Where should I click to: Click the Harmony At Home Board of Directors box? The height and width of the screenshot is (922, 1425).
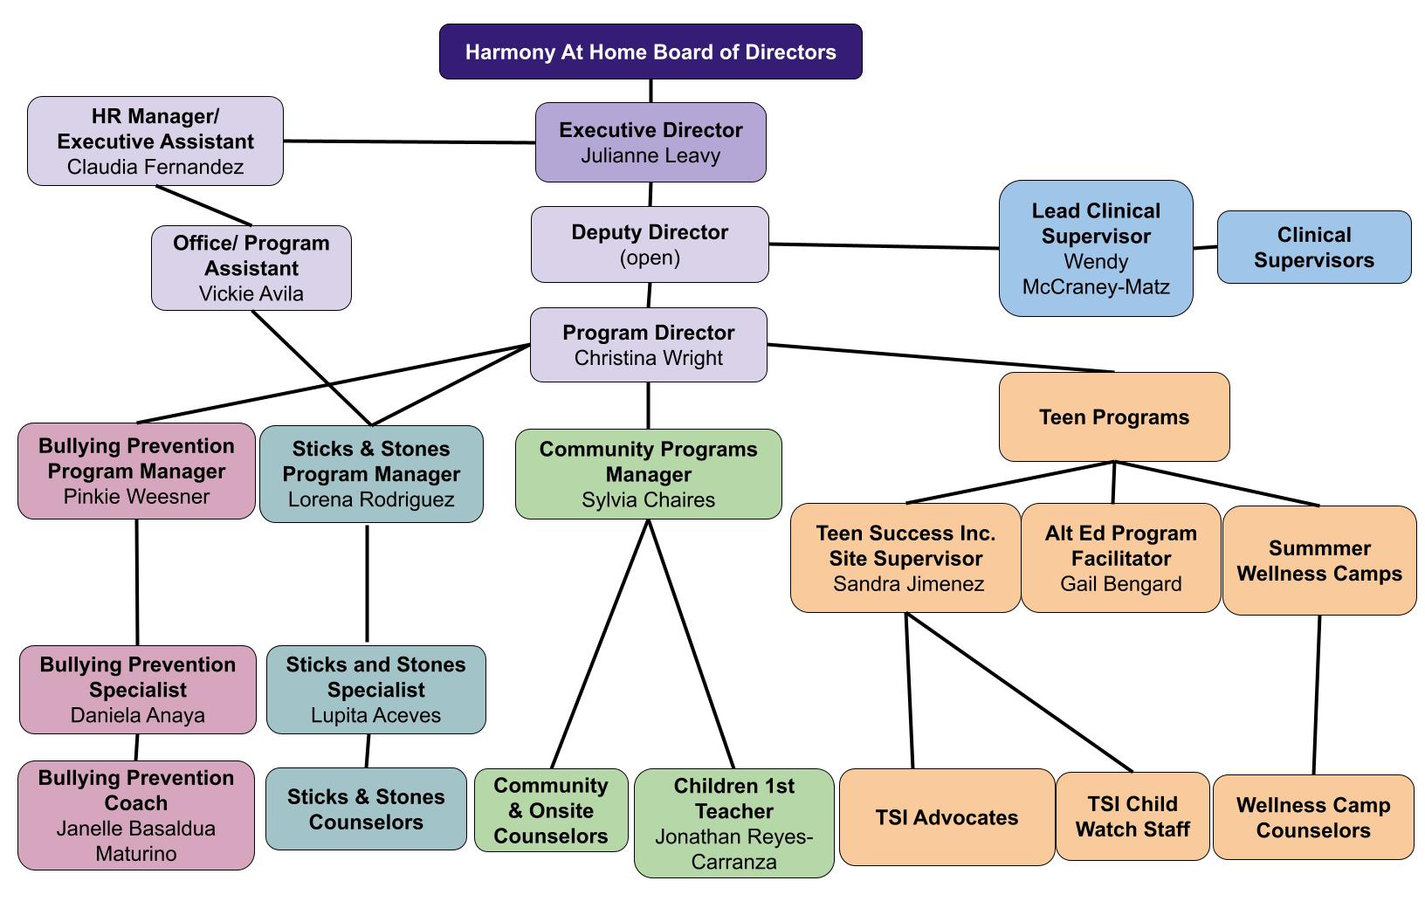651,52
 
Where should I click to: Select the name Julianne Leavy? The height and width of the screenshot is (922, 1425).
651,156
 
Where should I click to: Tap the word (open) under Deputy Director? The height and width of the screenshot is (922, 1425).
650,258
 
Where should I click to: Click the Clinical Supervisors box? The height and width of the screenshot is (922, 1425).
1313,247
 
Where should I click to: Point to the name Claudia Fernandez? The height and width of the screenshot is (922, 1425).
155,167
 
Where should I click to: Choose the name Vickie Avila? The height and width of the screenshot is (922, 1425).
251,294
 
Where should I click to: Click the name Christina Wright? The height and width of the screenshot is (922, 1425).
649,358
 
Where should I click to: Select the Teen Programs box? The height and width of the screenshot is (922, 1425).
1114,417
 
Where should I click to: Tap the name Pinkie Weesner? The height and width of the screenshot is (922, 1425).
136,497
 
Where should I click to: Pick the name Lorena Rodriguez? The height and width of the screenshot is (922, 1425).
371,500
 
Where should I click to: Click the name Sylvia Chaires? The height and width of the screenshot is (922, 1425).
648,500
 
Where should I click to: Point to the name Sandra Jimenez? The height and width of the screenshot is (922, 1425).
908,584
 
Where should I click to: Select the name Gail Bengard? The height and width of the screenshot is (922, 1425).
1121,584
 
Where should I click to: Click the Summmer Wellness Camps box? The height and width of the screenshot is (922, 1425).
1319,561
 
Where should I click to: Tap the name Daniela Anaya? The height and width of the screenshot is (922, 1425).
138,716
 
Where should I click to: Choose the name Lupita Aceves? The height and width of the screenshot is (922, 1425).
375,716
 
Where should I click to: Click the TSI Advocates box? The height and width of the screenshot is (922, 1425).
947,817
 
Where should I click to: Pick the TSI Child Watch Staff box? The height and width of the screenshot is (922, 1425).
1132,816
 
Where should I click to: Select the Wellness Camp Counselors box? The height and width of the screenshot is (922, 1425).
1313,817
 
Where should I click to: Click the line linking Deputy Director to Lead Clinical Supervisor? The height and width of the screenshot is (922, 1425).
884,246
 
